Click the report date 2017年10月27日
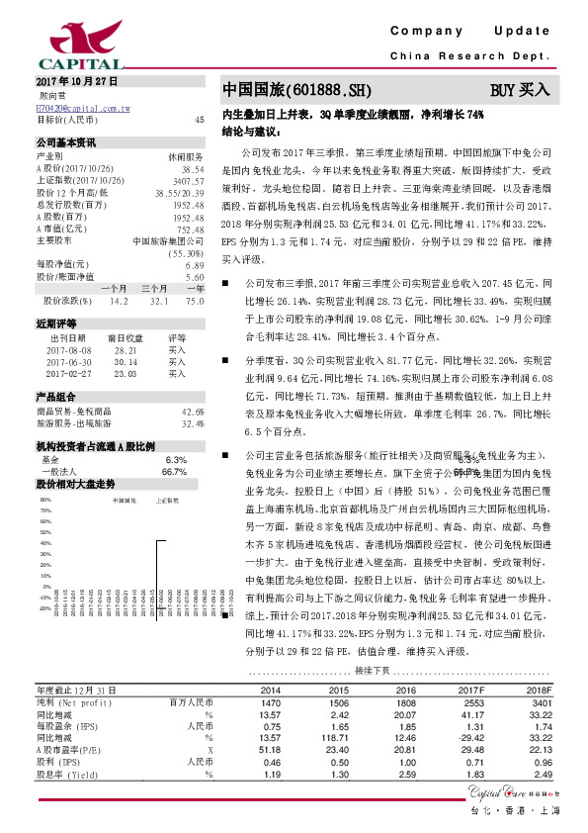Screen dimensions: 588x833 (76, 79)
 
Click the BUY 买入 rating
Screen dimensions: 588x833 (520, 90)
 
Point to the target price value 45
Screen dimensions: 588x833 (200, 119)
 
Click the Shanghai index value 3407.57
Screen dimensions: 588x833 (186, 181)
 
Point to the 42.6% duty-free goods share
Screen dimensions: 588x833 (192, 411)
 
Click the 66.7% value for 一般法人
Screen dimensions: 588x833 (175, 473)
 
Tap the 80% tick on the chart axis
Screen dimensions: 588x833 (45, 501)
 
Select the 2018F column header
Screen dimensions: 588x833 (537, 689)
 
